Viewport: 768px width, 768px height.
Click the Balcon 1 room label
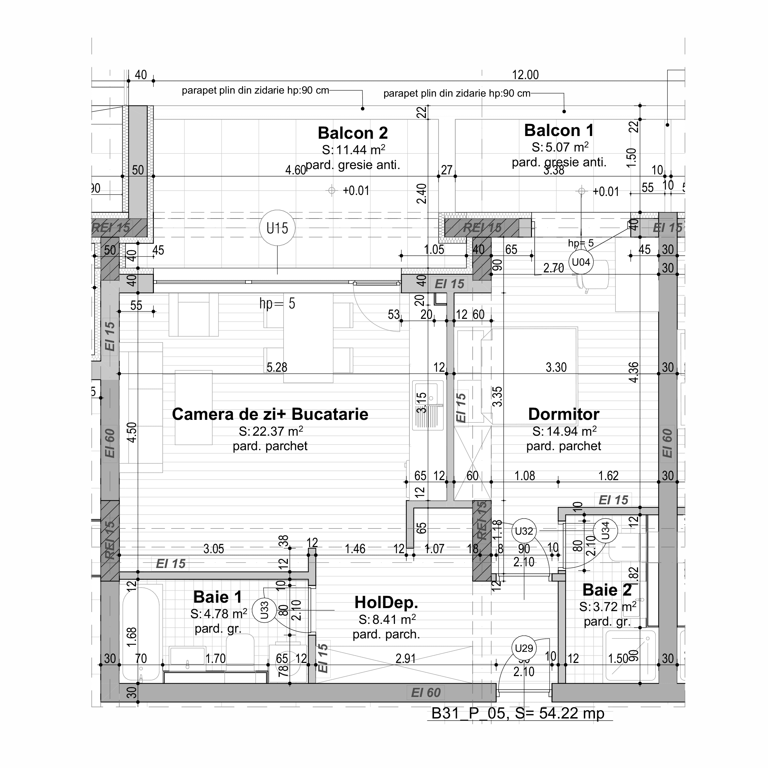[559, 131]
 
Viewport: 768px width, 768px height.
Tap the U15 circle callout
[277, 228]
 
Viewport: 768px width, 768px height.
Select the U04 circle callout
[581, 262]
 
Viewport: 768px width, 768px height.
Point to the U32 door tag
[524, 531]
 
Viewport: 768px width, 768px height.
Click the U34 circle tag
[605, 531]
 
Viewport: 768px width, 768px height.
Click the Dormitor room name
[563, 414]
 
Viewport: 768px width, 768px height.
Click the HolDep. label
[386, 603]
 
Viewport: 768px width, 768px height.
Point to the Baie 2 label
[607, 590]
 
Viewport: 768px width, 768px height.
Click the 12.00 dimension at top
[525, 75]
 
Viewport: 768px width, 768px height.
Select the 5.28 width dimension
[277, 367]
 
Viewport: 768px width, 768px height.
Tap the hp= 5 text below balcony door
[277, 304]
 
